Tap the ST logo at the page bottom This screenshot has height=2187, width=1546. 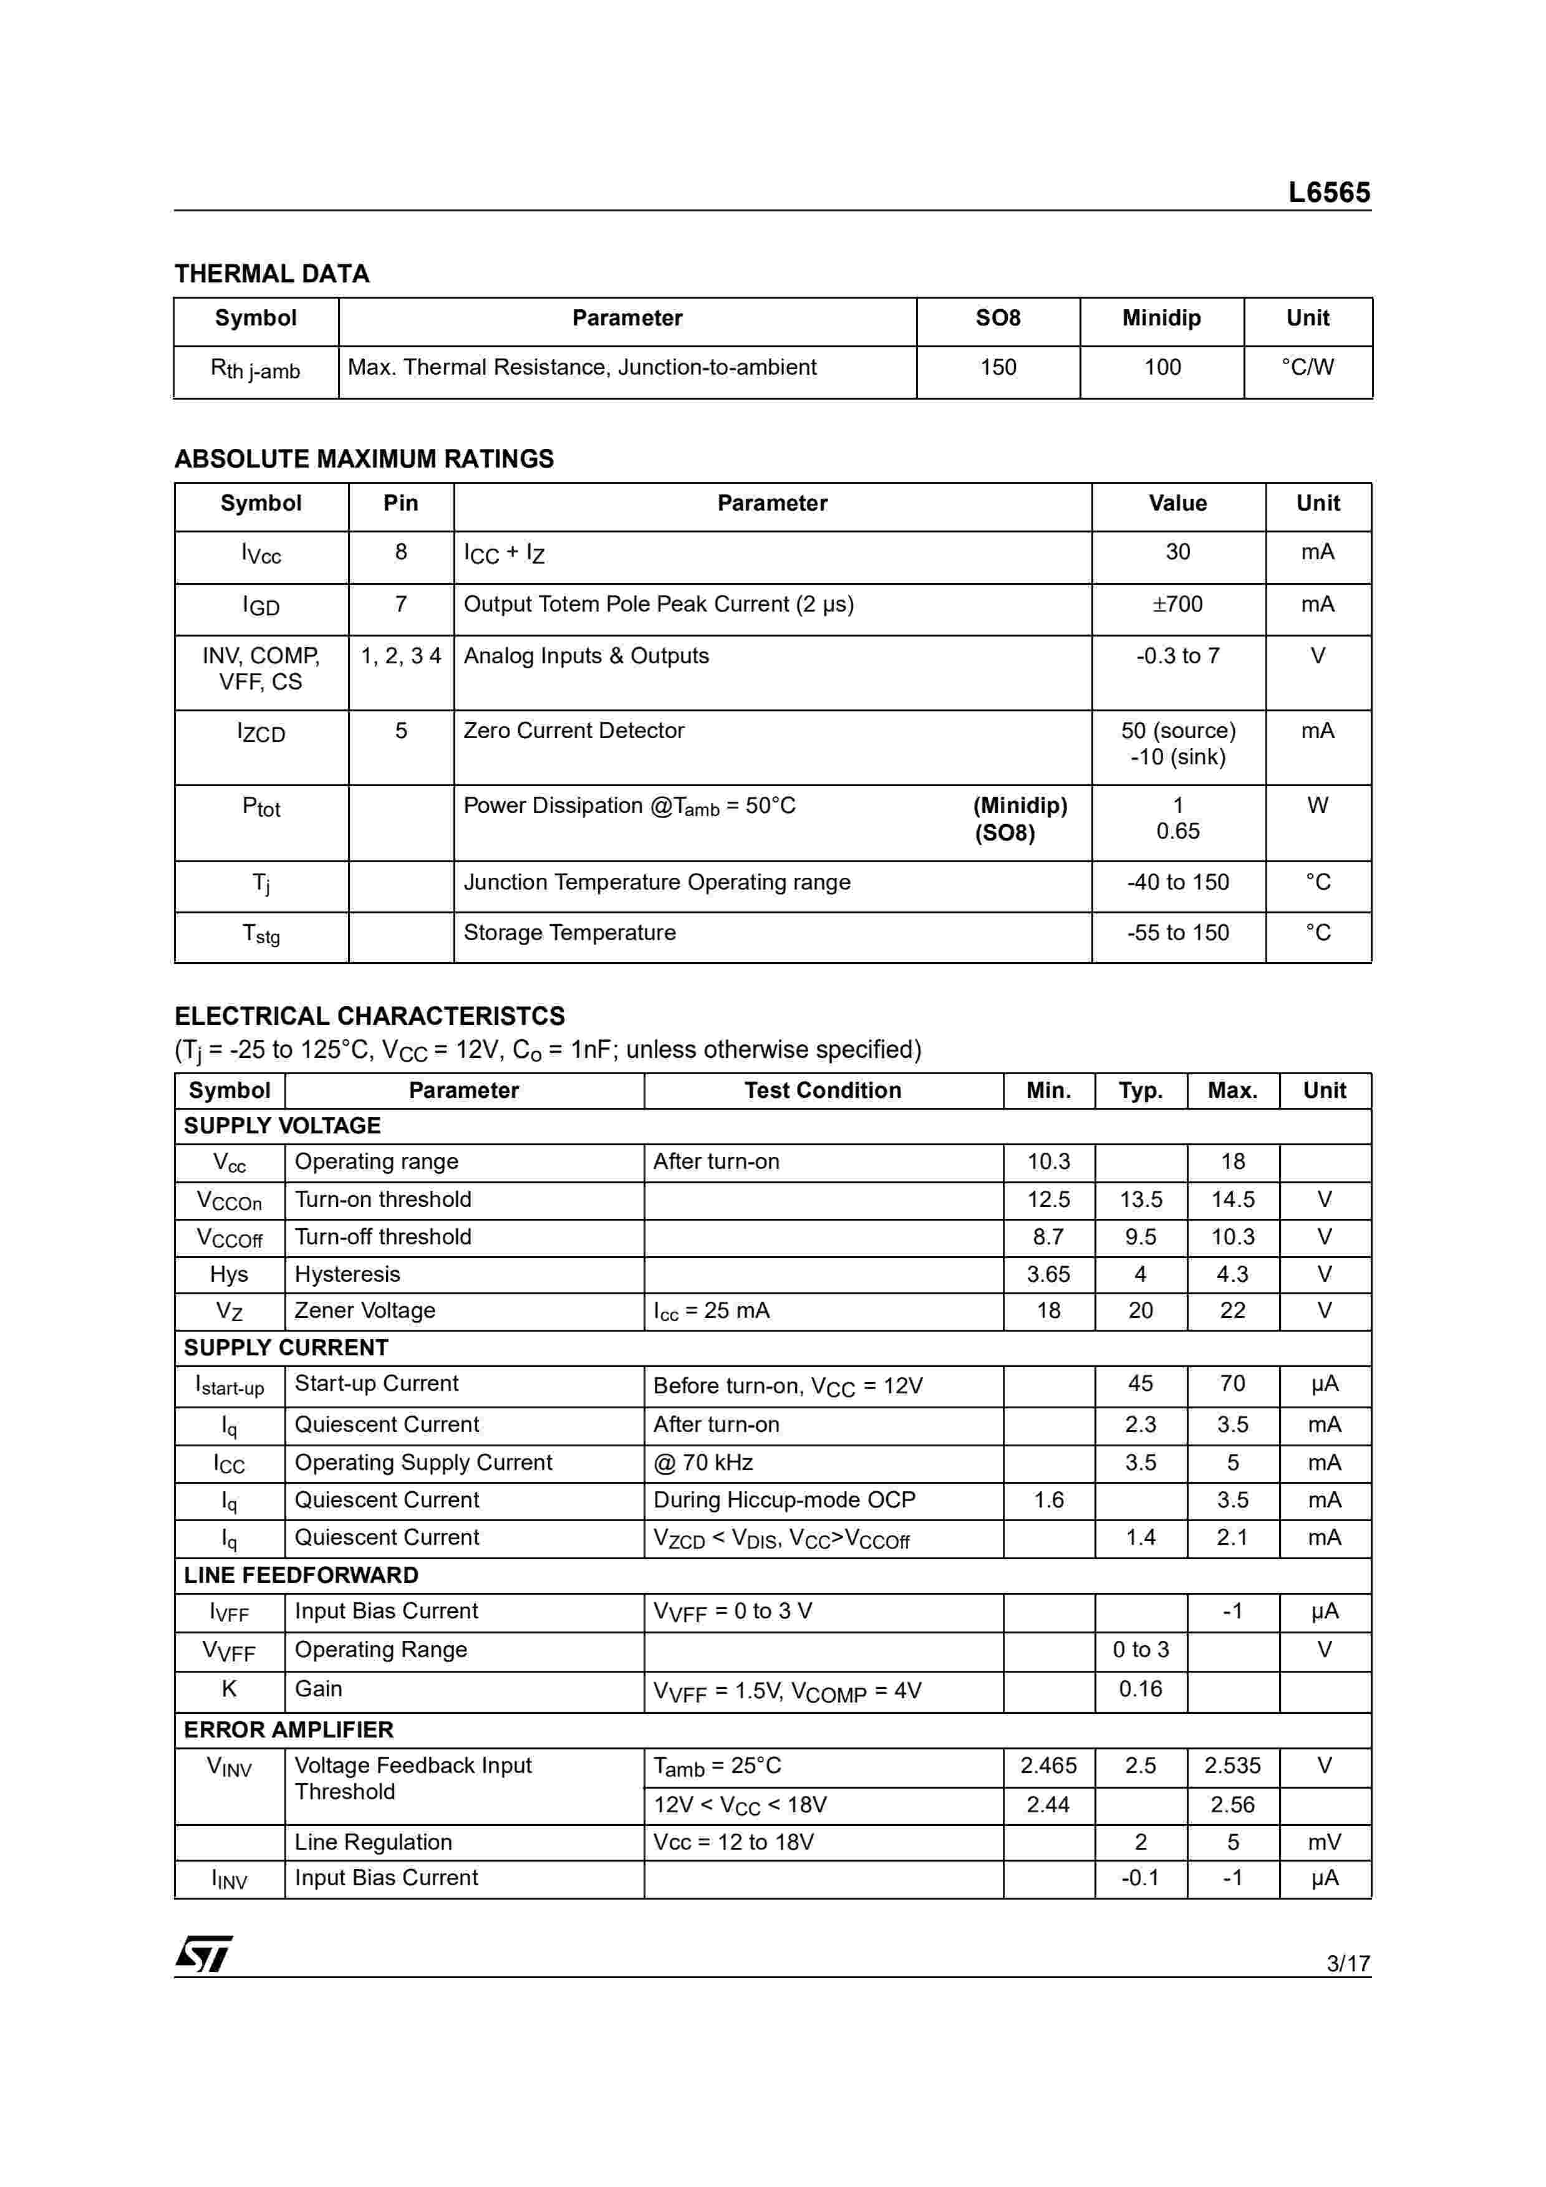point(203,1954)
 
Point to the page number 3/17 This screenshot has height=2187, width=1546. point(1347,1962)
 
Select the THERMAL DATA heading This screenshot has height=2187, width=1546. point(271,274)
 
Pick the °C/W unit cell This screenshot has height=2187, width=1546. point(1307,368)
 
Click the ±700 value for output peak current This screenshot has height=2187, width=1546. point(1177,604)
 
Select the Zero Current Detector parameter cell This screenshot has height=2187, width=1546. point(574,731)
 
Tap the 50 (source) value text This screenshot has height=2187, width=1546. point(1177,731)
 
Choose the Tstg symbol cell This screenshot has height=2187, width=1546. point(261,935)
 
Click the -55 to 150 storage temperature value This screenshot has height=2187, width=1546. point(1177,933)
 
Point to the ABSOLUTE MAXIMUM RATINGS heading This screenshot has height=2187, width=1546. point(364,459)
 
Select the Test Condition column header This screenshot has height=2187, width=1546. point(822,1090)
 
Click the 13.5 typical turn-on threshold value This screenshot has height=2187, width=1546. point(1140,1199)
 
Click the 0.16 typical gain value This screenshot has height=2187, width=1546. point(1140,1689)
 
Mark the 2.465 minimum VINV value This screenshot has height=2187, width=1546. point(1048,1766)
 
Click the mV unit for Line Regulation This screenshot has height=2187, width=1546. point(1324,1842)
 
